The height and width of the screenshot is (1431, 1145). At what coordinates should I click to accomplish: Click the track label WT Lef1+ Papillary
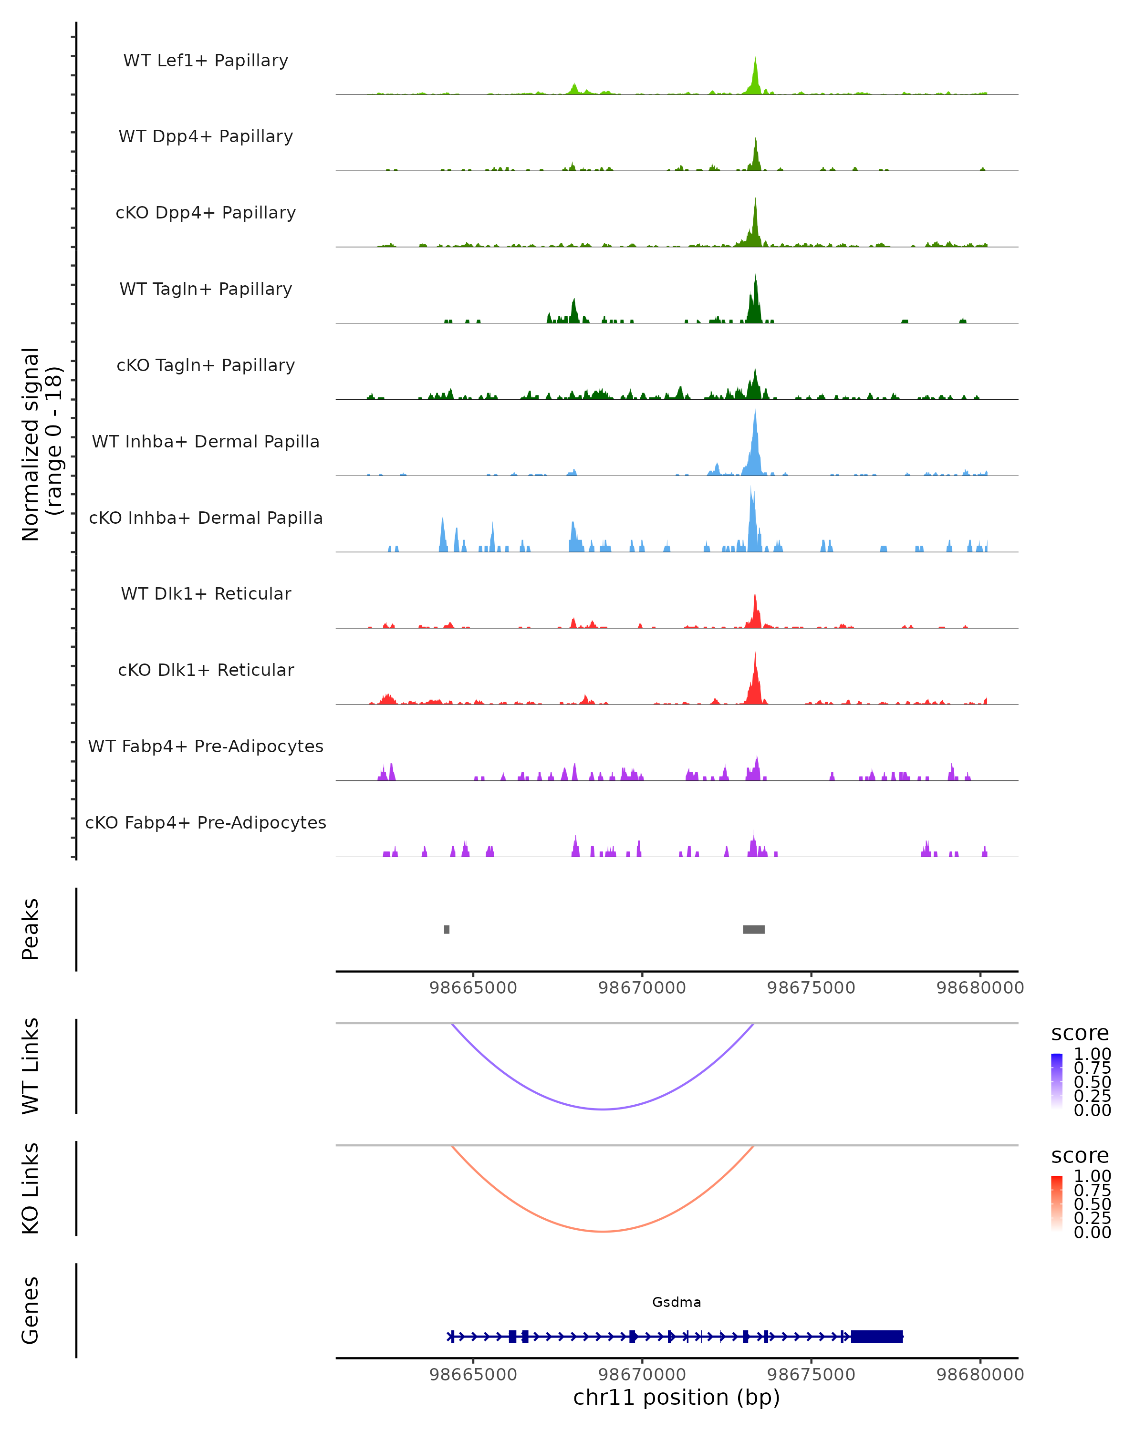(x=206, y=61)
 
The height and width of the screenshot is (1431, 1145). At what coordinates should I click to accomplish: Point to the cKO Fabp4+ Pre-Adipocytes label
(x=206, y=822)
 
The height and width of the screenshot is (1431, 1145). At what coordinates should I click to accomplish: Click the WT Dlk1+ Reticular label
(x=206, y=594)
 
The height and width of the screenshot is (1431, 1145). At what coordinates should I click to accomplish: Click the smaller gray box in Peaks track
(x=447, y=929)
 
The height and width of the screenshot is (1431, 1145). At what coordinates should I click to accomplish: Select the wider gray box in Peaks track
(x=753, y=929)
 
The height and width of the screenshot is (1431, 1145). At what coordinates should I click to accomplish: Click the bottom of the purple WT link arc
(x=603, y=1109)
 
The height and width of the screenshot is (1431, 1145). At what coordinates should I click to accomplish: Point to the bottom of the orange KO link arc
(x=603, y=1231)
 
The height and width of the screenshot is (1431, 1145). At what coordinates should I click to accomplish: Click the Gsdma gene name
(x=677, y=1302)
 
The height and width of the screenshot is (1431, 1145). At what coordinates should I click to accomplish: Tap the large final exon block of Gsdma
(x=877, y=1337)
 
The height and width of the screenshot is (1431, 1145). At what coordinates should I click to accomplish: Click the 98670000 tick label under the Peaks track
(x=642, y=988)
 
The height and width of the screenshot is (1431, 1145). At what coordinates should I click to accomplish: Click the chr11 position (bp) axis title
(x=677, y=1398)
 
